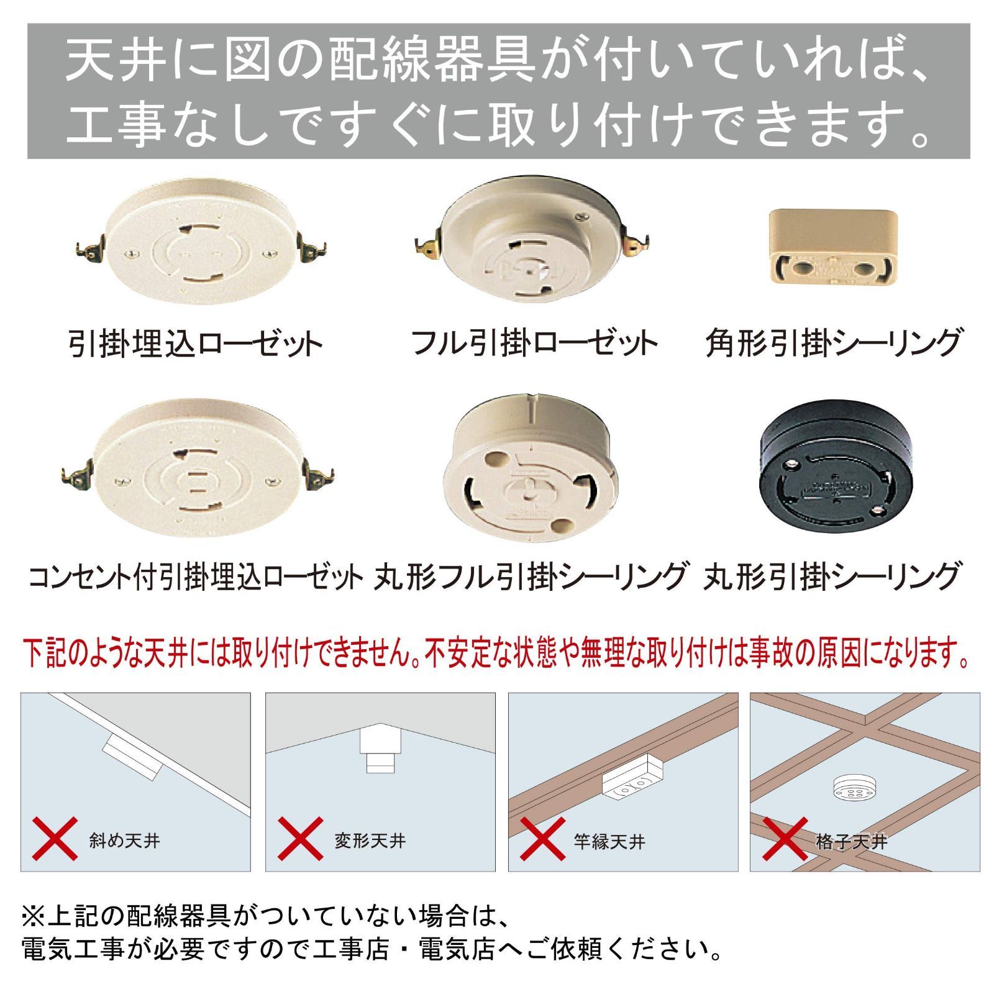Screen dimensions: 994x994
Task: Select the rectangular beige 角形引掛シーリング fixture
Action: (833, 247)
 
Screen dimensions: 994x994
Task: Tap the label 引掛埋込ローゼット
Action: (195, 344)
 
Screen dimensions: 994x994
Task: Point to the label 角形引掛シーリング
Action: (832, 344)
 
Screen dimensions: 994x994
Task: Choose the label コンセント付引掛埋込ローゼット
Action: (195, 577)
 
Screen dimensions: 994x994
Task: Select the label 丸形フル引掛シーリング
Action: (531, 577)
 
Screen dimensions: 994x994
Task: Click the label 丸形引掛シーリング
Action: (832, 577)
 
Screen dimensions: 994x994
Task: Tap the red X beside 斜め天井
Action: (55, 839)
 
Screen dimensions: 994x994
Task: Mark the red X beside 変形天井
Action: (300, 839)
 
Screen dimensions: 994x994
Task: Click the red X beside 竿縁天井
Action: (542, 839)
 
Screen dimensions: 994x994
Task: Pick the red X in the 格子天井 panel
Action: (785, 839)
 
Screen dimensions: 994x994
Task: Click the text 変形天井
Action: (370, 841)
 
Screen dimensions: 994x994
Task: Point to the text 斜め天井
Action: (125, 841)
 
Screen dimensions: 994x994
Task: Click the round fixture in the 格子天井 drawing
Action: (854, 787)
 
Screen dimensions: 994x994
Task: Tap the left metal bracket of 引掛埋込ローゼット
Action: (89, 251)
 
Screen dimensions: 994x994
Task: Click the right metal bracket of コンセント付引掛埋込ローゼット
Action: (319, 477)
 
